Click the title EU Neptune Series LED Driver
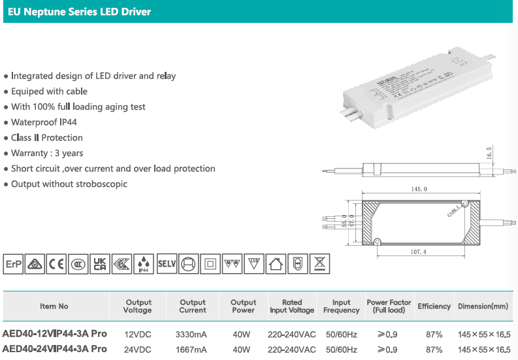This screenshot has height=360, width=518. (79, 12)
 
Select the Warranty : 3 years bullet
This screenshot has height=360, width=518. (47, 153)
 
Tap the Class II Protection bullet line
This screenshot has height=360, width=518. (47, 138)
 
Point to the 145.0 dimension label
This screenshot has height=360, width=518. (419, 189)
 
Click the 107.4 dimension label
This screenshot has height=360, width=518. (418, 252)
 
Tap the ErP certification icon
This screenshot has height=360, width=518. (13, 264)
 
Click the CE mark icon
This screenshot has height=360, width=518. (57, 264)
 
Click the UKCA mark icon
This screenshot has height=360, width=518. (100, 264)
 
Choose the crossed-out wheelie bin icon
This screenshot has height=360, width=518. (319, 264)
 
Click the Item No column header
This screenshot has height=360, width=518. (54, 306)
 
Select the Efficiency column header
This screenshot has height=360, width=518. (434, 306)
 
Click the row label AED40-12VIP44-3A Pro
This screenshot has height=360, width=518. (55, 334)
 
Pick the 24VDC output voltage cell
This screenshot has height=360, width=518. (137, 350)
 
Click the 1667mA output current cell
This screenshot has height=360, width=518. (192, 350)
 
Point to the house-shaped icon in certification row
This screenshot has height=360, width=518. (276, 264)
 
